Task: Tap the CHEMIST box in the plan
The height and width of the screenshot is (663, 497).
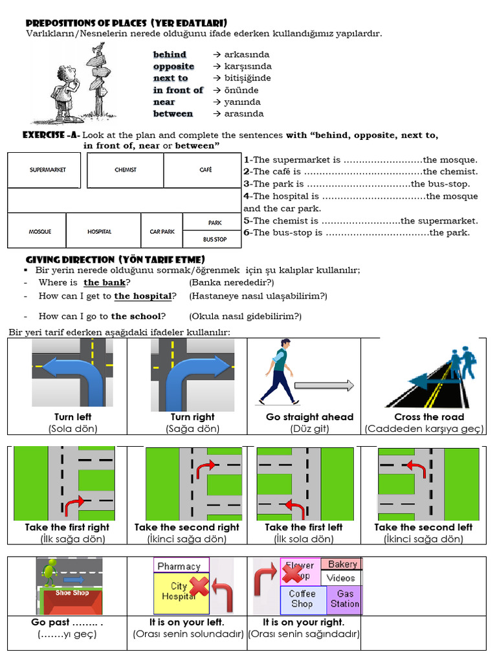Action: [x=126, y=170]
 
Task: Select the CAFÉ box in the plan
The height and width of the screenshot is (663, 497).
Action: [x=203, y=170]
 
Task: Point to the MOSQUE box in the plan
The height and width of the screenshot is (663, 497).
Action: [x=40, y=231]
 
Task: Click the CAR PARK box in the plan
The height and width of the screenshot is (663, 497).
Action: [x=162, y=231]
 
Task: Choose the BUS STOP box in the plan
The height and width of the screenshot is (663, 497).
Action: [x=214, y=240]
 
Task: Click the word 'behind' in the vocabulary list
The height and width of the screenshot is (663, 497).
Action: [x=170, y=55]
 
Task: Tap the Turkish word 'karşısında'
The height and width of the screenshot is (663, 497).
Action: [x=248, y=67]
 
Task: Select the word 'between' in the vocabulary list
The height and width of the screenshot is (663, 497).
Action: [x=173, y=114]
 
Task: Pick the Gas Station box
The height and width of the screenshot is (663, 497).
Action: [x=344, y=599]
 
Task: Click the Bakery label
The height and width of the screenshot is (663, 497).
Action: [x=342, y=565]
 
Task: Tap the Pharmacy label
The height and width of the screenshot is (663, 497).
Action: [x=179, y=567]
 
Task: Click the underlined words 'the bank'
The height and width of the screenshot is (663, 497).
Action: [x=104, y=283]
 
